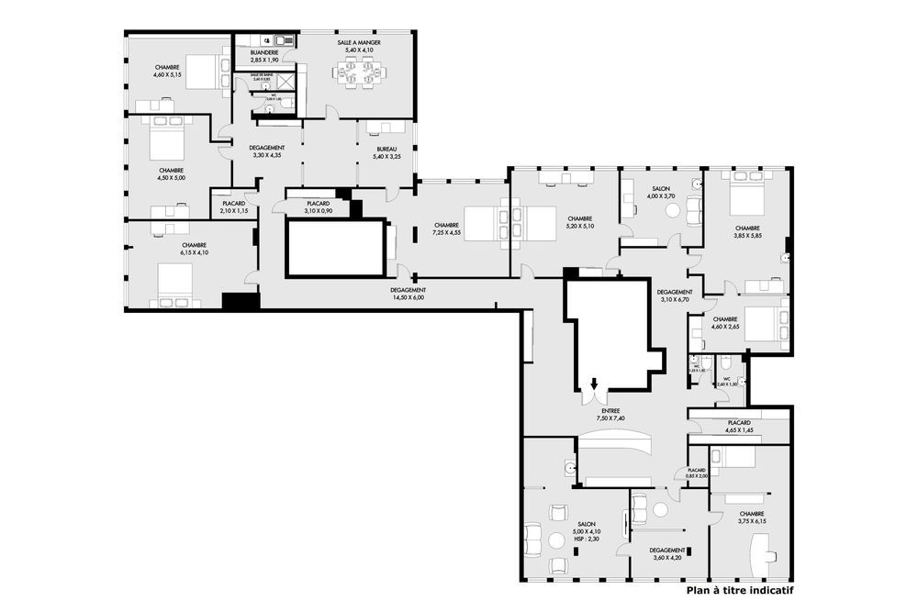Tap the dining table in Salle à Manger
click(357, 72)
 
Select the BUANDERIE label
click(263, 57)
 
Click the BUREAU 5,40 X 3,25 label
click(386, 152)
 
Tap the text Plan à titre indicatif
click(739, 591)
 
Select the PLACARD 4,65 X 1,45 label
click(744, 427)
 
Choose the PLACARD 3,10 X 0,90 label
click(318, 207)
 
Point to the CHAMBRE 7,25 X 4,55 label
click(446, 229)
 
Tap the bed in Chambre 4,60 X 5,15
click(207, 71)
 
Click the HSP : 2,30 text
click(587, 539)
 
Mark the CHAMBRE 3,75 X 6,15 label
click(751, 517)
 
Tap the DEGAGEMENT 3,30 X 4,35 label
click(268, 151)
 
